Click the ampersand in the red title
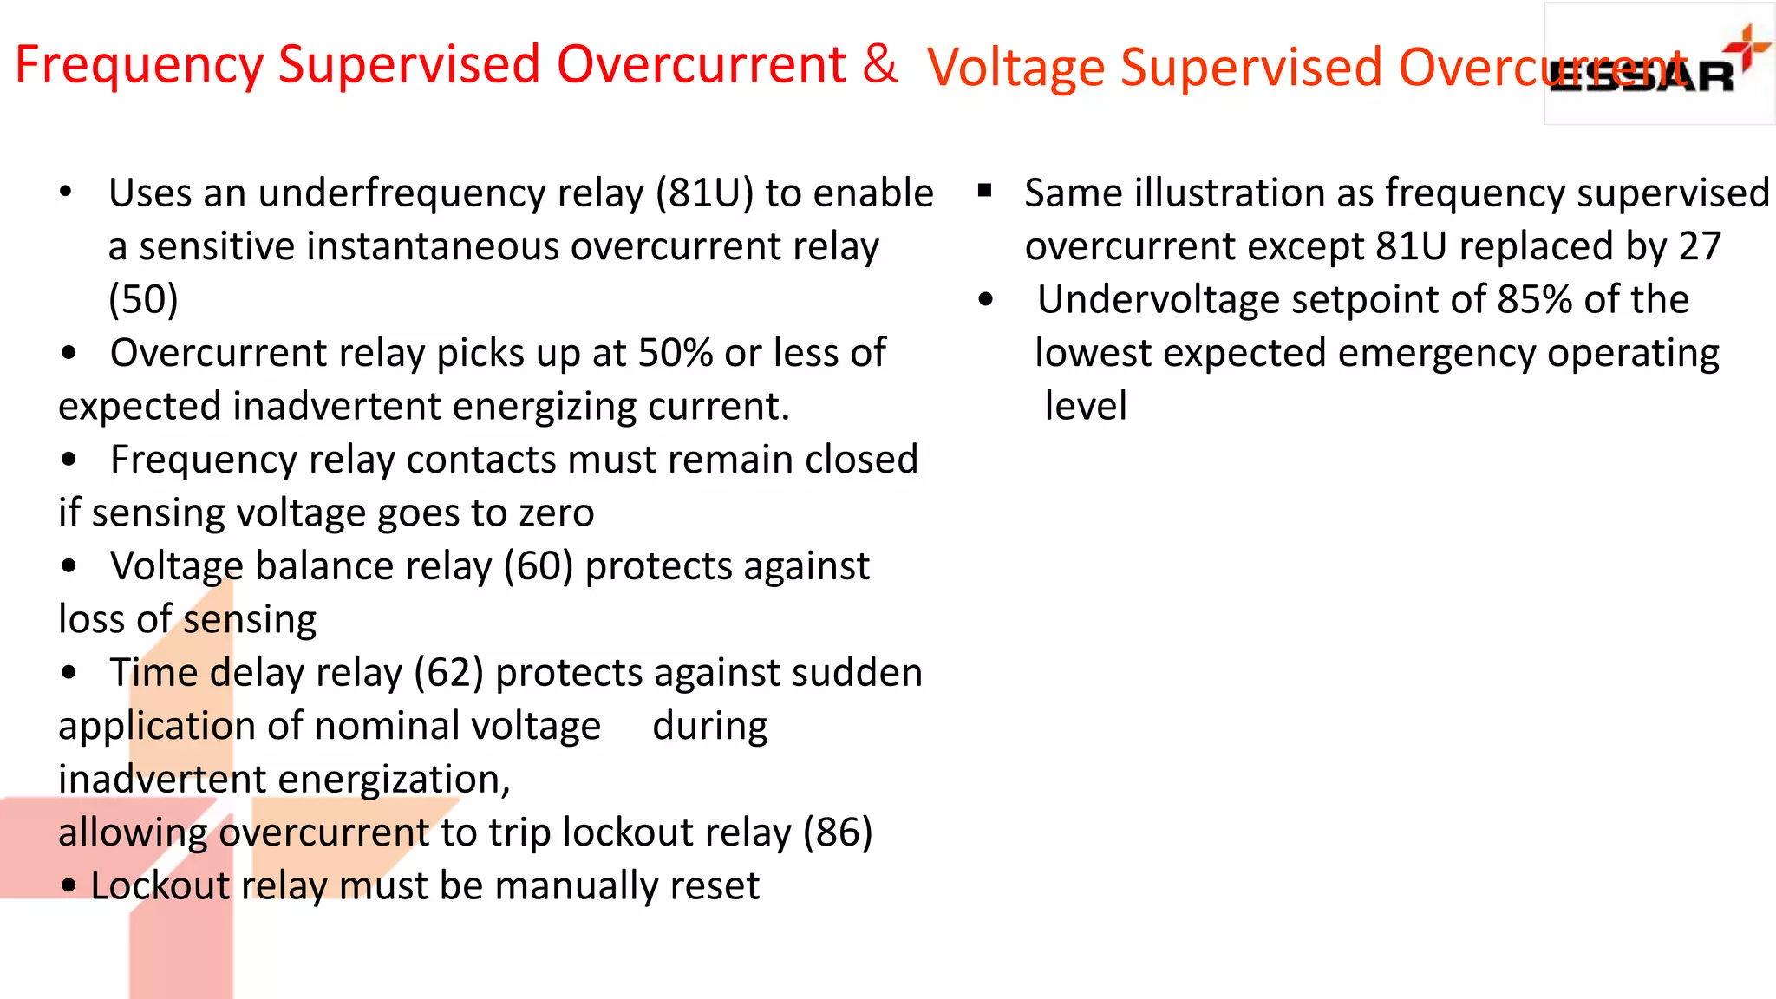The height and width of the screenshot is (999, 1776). pos(879,63)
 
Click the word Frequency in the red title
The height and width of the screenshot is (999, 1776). pos(140,65)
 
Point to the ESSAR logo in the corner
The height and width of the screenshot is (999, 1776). pos(1658,65)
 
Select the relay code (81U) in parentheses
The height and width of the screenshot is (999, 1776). pos(704,193)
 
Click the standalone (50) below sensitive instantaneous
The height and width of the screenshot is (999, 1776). pos(143,299)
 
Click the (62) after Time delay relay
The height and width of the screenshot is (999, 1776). pos(448,673)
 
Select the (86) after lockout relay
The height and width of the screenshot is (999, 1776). pos(837,832)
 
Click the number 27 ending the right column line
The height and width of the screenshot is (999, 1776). pos(1700,246)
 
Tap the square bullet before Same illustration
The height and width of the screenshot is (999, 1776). pos(984,190)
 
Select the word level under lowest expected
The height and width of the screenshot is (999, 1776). pos(1086,406)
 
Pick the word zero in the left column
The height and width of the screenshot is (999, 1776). pos(557,513)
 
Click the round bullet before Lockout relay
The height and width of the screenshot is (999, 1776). pos(69,886)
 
